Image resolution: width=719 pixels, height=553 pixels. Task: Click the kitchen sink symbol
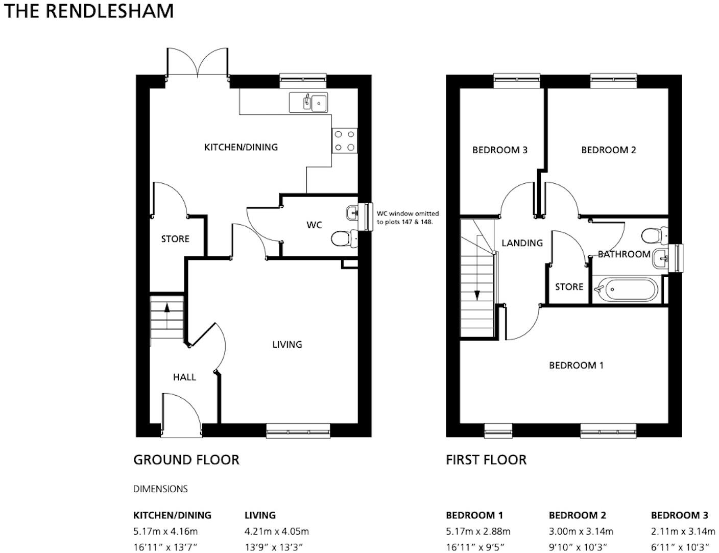click(x=308, y=102)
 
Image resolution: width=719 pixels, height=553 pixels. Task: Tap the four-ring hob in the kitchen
click(x=345, y=141)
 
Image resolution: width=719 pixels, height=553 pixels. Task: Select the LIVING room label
click(x=287, y=345)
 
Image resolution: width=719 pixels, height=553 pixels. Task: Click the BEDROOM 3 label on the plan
click(x=499, y=150)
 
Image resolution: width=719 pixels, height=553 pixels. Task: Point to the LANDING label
click(x=522, y=243)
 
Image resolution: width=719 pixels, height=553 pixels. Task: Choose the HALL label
click(x=184, y=377)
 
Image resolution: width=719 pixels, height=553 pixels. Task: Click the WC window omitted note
click(x=408, y=218)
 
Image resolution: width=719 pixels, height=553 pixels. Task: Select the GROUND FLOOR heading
click(x=186, y=460)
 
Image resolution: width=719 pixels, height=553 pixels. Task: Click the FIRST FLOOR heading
click(x=486, y=460)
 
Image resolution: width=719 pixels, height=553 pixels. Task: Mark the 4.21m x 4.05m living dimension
click(x=276, y=532)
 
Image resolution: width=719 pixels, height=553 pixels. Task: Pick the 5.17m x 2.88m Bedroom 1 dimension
click(x=478, y=532)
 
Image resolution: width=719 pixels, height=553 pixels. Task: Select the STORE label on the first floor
click(x=569, y=287)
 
